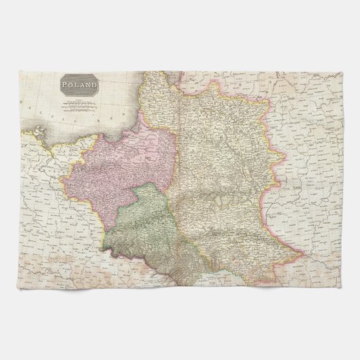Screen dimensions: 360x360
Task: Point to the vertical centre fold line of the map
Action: click(x=180, y=204)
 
